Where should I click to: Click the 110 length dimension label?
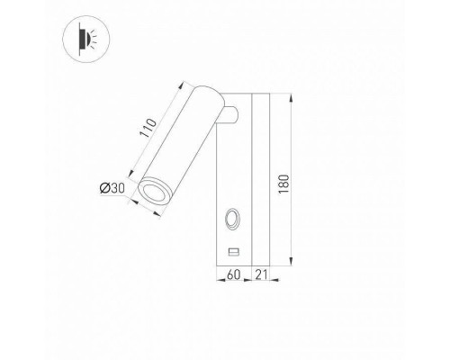point(148,135)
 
